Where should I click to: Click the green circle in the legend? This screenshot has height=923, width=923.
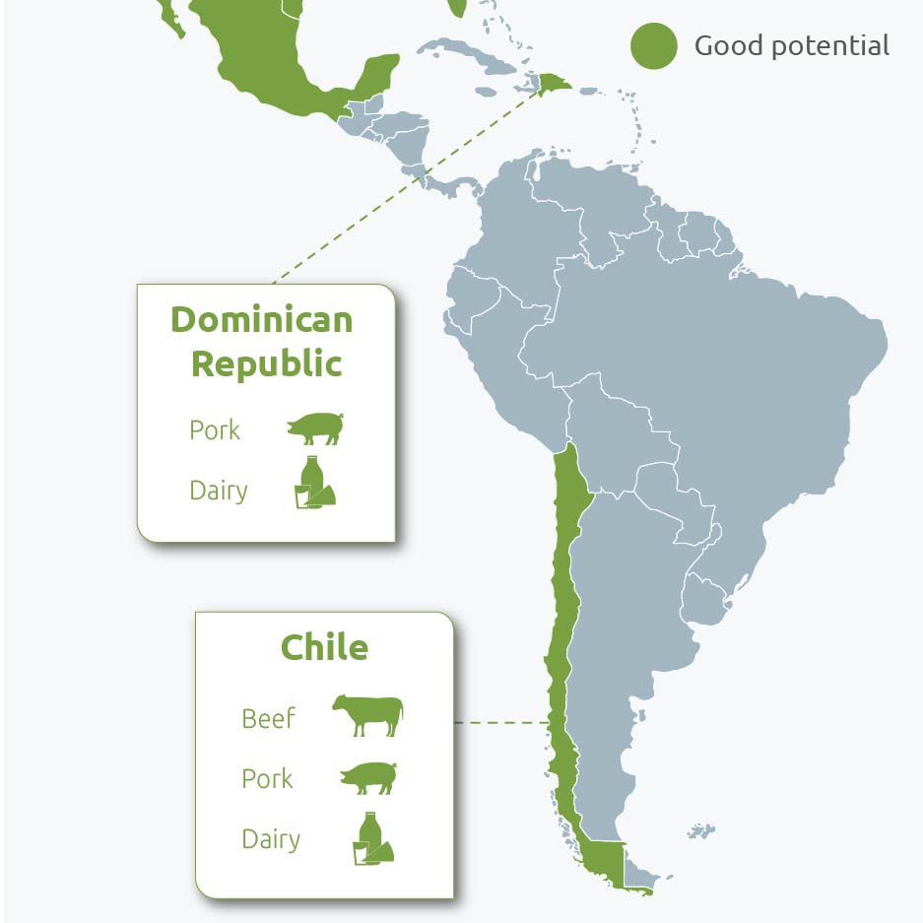click(654, 46)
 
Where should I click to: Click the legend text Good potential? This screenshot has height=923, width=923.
click(791, 45)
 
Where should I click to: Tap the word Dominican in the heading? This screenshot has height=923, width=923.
click(262, 319)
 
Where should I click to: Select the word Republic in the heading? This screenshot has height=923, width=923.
click(266, 363)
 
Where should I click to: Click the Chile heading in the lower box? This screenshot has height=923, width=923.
click(324, 647)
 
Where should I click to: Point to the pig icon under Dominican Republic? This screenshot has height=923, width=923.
click(314, 429)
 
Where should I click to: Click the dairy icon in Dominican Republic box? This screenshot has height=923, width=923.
click(315, 484)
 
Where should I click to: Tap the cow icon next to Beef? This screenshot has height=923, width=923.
click(367, 714)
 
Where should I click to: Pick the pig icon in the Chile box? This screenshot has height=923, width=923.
click(367, 777)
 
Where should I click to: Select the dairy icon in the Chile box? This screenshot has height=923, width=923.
click(372, 839)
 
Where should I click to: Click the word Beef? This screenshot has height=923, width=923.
click(268, 719)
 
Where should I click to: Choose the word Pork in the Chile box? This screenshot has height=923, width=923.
click(267, 779)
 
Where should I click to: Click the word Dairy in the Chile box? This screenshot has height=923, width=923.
click(271, 839)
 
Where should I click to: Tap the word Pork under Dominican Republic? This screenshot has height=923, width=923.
click(215, 430)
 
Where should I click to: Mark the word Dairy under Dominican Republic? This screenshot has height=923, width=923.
click(218, 491)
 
